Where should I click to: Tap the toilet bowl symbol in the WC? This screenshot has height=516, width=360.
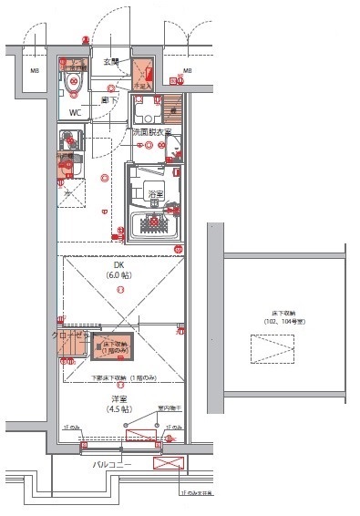point(75,84)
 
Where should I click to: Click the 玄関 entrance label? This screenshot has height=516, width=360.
point(111,62)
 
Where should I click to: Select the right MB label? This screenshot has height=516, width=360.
point(187,70)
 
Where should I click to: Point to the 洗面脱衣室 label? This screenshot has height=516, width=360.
point(151,133)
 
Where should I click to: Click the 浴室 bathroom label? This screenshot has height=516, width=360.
point(153,193)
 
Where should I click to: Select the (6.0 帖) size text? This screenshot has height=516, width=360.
point(119,275)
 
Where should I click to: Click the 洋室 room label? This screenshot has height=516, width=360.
point(118,398)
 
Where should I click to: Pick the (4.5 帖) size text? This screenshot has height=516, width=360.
point(118,409)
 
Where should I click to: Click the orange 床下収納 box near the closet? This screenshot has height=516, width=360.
point(113,347)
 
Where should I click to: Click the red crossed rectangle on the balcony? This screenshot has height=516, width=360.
point(168,465)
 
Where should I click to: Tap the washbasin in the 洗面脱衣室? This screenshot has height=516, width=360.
point(146,112)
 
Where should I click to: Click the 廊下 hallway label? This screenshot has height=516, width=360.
point(106,98)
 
